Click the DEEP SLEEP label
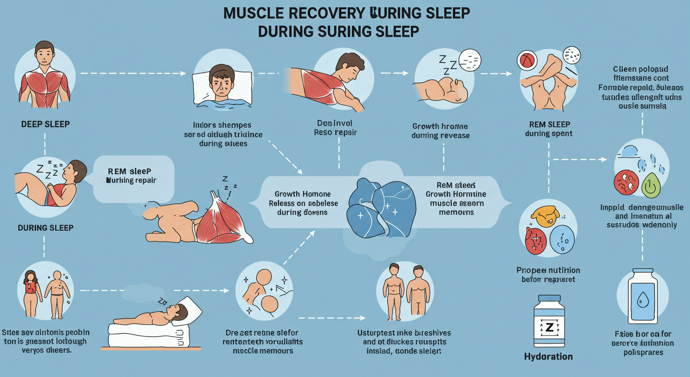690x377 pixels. (x=45, y=124)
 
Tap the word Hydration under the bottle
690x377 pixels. (x=548, y=356)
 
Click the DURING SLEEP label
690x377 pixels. (x=45, y=228)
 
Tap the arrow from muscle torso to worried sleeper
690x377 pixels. (x=132, y=73)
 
